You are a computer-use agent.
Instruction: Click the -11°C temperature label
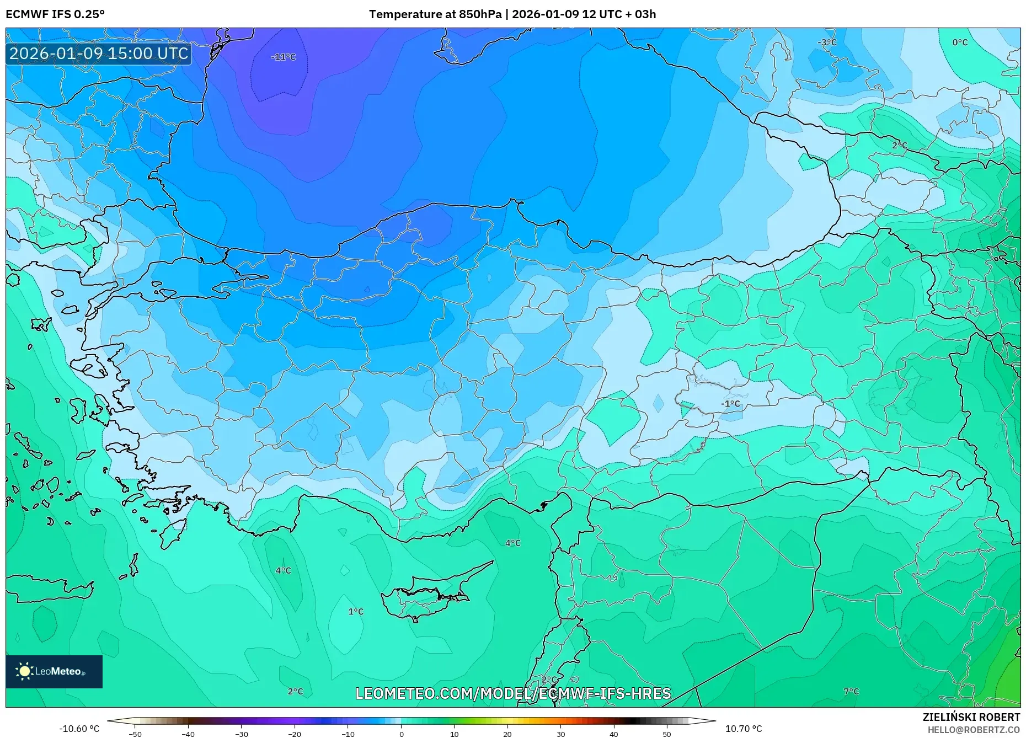tap(284, 57)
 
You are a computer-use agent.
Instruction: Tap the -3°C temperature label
tap(827, 42)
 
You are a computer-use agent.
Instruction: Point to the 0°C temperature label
tap(960, 42)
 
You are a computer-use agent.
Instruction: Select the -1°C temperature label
tap(730, 404)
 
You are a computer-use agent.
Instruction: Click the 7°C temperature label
tap(851, 691)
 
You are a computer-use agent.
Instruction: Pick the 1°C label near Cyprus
tap(356, 611)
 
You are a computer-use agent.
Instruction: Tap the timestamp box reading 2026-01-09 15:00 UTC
tap(99, 54)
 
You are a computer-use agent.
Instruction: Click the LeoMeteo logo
tap(54, 671)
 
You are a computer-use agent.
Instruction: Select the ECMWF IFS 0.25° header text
tap(55, 14)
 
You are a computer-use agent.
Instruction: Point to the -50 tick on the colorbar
tap(135, 734)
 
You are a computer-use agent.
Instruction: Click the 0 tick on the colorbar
tap(401, 734)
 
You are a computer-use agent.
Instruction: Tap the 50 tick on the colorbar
tap(667, 734)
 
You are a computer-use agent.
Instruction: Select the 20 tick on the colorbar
tap(507, 734)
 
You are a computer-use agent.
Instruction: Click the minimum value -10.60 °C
tap(79, 729)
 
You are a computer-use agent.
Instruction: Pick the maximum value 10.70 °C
tap(743, 729)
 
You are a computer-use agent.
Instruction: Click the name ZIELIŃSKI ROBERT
tap(971, 717)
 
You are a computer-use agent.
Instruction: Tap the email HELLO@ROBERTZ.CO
tap(973, 730)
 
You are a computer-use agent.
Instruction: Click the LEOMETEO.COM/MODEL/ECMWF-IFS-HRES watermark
tap(513, 693)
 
